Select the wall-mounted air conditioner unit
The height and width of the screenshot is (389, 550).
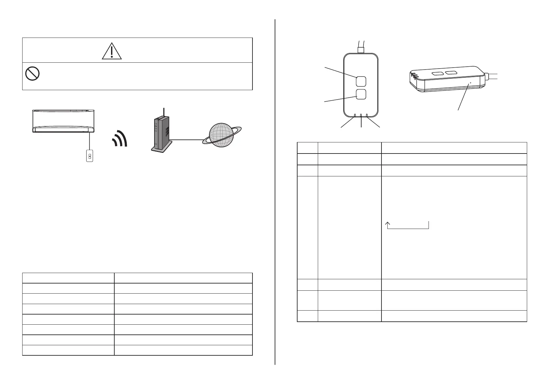pyautogui.click(x=63, y=121)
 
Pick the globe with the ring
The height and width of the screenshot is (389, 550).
pyautogui.click(x=222, y=135)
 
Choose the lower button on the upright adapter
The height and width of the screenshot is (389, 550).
pyautogui.click(x=361, y=94)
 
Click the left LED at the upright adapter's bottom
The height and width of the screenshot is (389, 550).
pyautogui.click(x=355, y=115)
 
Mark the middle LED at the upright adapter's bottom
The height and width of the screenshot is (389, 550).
pyautogui.click(x=361, y=115)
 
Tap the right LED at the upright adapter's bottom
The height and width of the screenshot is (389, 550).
pyautogui.click(x=367, y=115)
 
